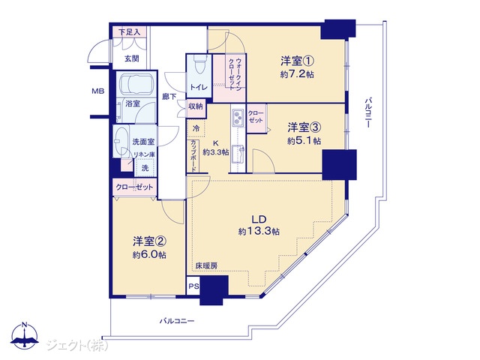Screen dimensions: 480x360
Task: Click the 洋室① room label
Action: [x=297, y=61]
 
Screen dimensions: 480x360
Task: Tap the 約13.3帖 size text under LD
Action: [x=259, y=231]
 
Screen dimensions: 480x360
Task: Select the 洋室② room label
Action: [x=150, y=241]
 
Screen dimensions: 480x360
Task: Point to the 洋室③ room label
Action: [x=304, y=127]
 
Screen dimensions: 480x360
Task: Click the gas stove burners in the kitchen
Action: [x=237, y=117]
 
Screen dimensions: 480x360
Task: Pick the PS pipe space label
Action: [x=193, y=286]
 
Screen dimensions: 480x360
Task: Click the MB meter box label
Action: [x=98, y=91]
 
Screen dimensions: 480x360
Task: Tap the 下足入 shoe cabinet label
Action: [x=129, y=32]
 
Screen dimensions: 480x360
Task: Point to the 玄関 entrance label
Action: [x=132, y=58]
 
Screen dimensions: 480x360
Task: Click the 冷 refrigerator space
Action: [x=196, y=128]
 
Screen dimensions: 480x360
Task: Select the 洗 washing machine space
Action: [x=145, y=168]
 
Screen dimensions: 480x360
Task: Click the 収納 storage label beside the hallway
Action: [x=196, y=106]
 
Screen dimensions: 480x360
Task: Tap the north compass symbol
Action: [x=25, y=335]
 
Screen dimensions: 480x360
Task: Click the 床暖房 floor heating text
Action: [x=207, y=266]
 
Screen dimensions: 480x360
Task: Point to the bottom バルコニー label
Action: [x=177, y=321]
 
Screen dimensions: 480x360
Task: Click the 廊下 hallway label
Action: [x=169, y=97]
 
